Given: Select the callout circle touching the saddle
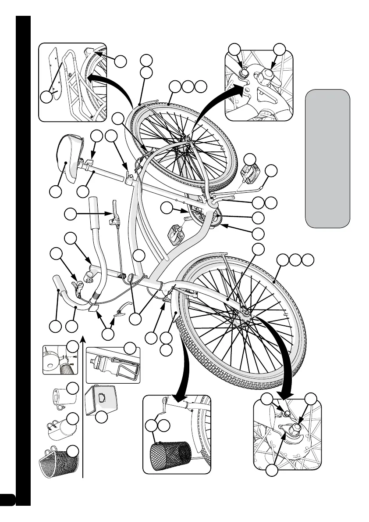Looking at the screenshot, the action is click(55, 191).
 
